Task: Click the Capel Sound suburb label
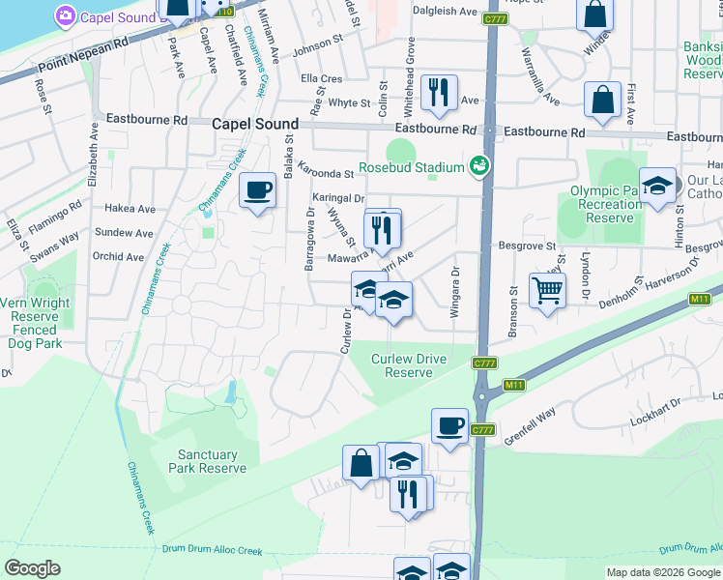pos(255,124)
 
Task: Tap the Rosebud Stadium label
pos(411,167)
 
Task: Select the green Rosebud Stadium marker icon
pos(477,166)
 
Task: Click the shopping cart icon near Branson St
pos(547,289)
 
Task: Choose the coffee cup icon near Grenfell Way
pos(449,425)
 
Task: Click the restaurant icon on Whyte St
pos(439,92)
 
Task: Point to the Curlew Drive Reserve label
pos(409,365)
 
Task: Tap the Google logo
pos(32,568)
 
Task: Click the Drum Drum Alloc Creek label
pos(212,551)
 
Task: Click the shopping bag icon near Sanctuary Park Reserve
pos(361,462)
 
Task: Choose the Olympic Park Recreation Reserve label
pos(606,204)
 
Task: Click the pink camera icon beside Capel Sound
pos(66,15)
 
